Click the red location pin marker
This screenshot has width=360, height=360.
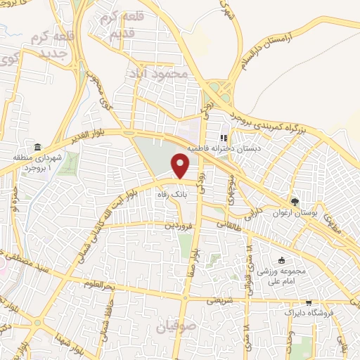pos(181,166)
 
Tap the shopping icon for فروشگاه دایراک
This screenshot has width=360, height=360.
pos(287,310)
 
